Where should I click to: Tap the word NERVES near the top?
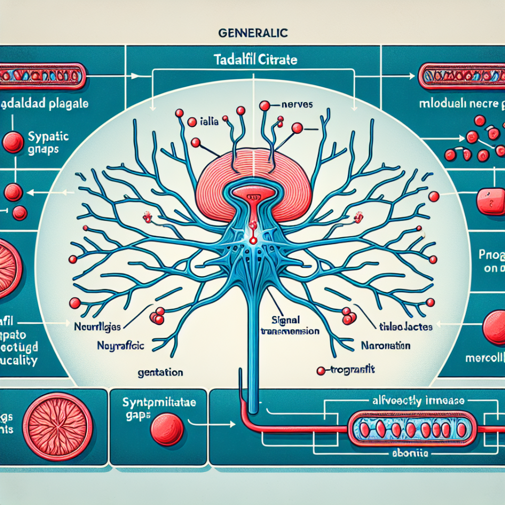tap(297, 105)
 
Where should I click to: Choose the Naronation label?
tap(386, 346)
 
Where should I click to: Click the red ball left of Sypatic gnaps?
tap(13, 142)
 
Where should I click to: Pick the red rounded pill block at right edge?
tap(489, 200)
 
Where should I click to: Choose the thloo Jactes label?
tap(405, 327)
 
